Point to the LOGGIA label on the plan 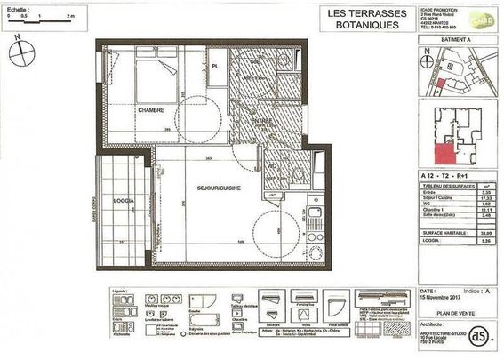tap(124, 201)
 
